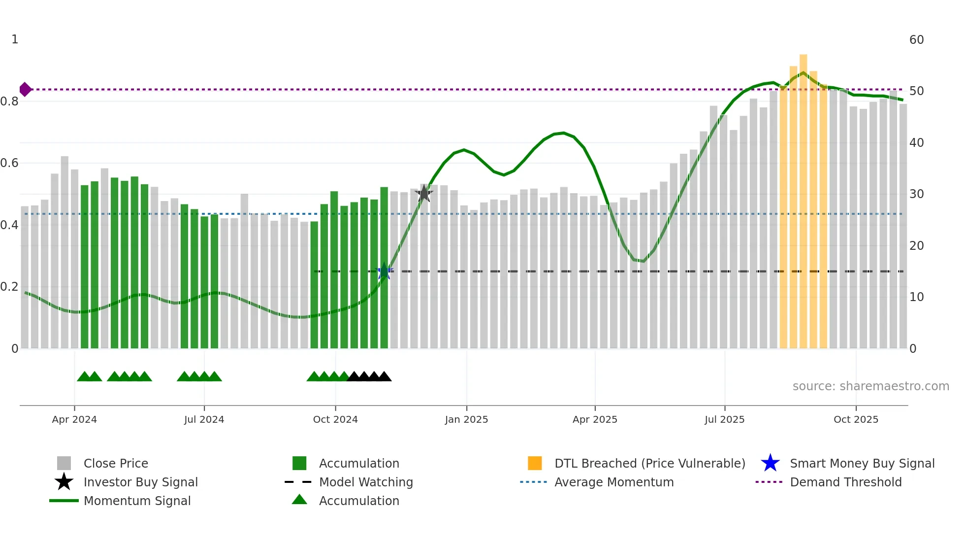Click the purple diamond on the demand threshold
(25, 89)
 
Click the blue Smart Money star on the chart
(384, 271)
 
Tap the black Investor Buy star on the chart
(424, 194)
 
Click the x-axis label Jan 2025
(466, 419)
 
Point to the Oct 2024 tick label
(335, 419)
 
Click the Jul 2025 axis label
(724, 419)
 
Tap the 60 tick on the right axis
(916, 40)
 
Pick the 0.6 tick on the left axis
(9, 163)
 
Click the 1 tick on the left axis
(15, 39)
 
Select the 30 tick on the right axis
(916, 194)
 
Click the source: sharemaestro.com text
(870, 386)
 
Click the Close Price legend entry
(116, 463)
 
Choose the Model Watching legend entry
(366, 482)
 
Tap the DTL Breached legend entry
(649, 463)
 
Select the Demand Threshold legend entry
(845, 482)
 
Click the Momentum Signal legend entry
(137, 501)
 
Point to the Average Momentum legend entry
(613, 482)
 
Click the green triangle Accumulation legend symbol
(299, 500)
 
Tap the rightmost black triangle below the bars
(384, 377)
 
